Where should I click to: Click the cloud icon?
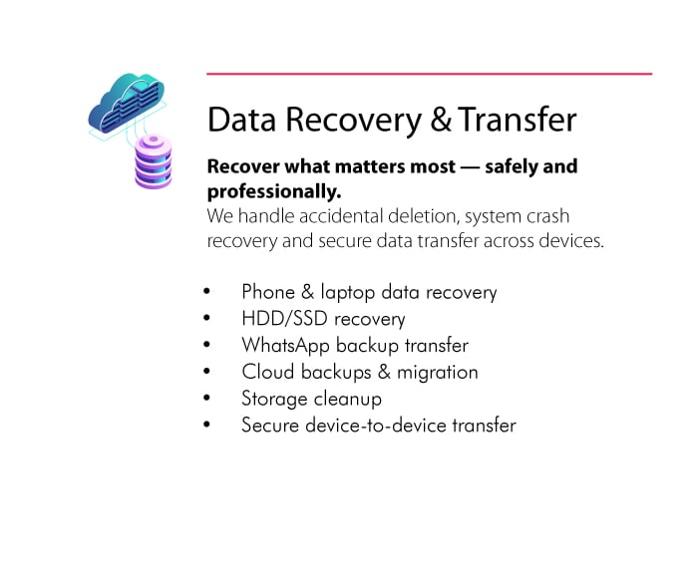(127, 104)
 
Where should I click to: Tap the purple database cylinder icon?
(154, 161)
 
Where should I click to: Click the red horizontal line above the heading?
(429, 74)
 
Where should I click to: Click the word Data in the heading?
(241, 120)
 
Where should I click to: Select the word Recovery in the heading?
(353, 121)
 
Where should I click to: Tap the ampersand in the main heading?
(441, 120)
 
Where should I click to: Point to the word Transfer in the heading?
(518, 120)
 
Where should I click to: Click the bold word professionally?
(274, 191)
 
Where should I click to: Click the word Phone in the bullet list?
(268, 292)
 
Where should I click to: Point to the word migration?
(437, 373)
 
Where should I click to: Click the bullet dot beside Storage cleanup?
(206, 398)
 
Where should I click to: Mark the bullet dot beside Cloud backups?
(206, 371)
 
